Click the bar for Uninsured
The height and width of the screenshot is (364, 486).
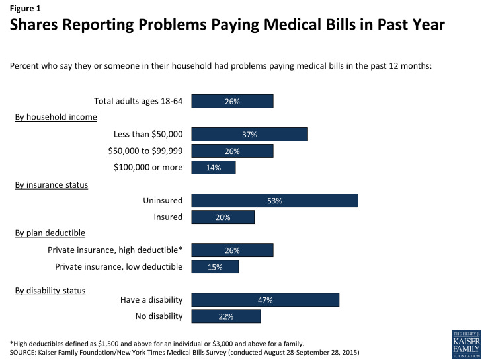pos(274,201)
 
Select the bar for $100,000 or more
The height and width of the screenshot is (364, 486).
pos(213,167)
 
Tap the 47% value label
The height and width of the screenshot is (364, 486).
pos(265,300)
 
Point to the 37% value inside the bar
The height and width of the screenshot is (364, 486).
pos(249,135)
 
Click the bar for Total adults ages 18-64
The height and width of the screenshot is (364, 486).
pos(232,102)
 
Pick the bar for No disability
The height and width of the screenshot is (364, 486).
pos(225,316)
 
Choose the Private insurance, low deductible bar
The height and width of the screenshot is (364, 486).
pos(215,267)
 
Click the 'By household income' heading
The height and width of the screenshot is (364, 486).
pos(56,117)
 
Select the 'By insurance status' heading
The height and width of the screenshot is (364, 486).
pos(52,184)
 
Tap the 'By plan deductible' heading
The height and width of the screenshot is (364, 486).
pos(50,233)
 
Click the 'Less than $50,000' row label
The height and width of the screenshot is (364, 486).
pos(149,135)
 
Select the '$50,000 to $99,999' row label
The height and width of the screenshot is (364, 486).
pos(145,151)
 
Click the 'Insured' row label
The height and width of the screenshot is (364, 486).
pos(167,217)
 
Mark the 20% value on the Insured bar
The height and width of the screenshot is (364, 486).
pos(222,217)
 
